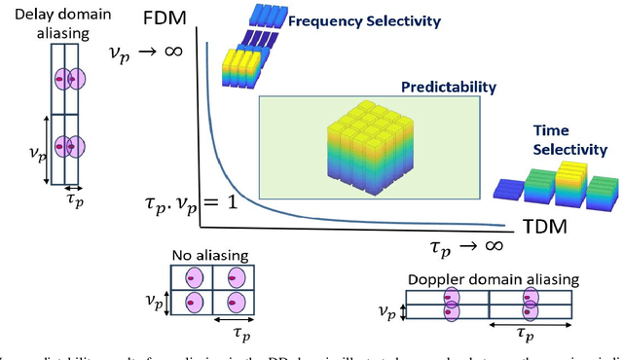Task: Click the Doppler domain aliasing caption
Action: tap(492, 279)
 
